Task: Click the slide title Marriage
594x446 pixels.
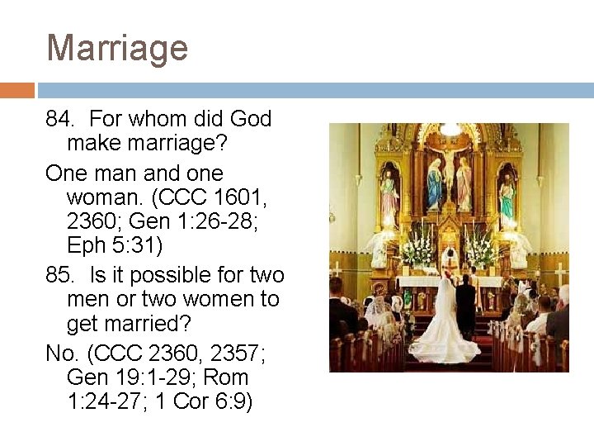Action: point(117,47)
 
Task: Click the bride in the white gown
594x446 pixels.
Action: point(446,326)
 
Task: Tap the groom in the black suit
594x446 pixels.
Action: point(466,306)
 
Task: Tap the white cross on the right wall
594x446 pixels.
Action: point(559,273)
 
